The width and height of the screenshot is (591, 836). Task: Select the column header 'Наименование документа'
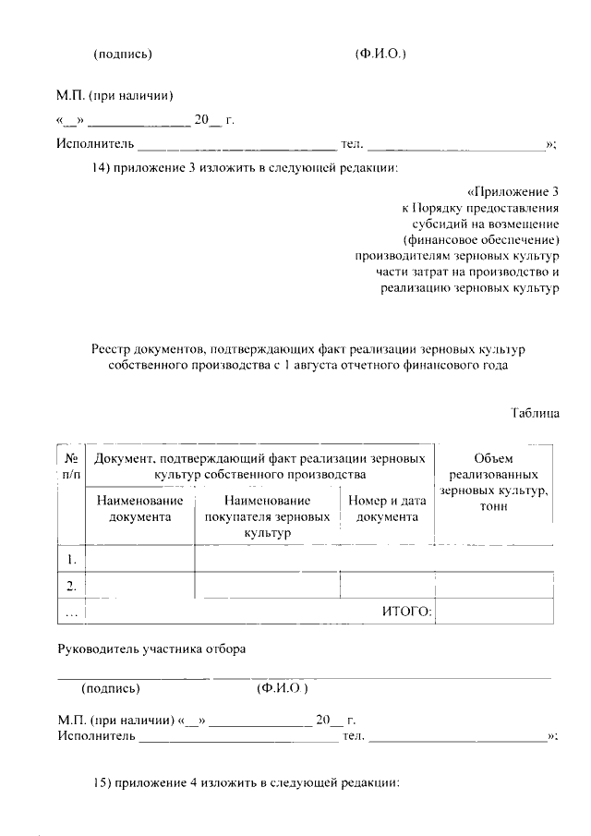click(139, 509)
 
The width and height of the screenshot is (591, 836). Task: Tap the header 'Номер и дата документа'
click(387, 509)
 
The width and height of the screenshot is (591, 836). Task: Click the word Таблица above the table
click(535, 414)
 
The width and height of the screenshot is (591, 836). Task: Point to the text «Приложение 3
click(513, 192)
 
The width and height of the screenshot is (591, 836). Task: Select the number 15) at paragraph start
click(104, 782)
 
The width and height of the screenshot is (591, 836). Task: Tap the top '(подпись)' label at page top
click(123, 54)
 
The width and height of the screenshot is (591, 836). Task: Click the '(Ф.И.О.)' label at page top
click(380, 54)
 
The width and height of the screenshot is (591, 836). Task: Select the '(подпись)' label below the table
click(111, 688)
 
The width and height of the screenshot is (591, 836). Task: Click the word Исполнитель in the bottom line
click(96, 736)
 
